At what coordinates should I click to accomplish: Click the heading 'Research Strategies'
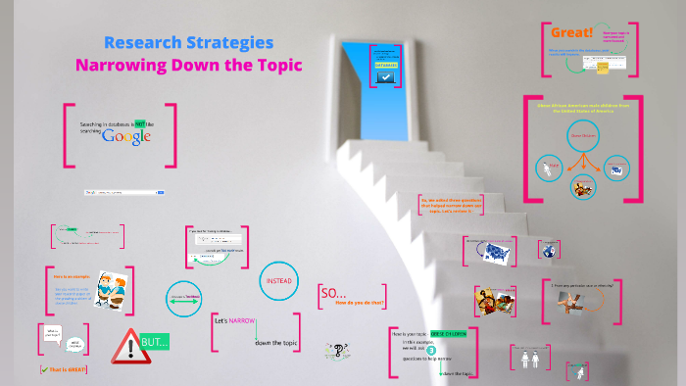(x=188, y=43)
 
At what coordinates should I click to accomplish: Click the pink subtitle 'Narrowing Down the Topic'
(x=189, y=66)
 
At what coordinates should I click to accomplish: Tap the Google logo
(x=129, y=136)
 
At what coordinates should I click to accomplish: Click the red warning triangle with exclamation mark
(x=126, y=344)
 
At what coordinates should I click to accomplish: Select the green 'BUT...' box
(x=155, y=342)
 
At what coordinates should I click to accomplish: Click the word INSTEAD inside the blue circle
(x=278, y=281)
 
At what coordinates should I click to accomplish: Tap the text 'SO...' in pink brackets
(x=334, y=293)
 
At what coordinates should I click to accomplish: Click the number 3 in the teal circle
(x=430, y=350)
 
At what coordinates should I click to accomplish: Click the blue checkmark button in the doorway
(x=386, y=74)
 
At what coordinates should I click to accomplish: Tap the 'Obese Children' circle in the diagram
(x=583, y=136)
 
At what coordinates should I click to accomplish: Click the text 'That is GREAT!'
(x=64, y=369)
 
